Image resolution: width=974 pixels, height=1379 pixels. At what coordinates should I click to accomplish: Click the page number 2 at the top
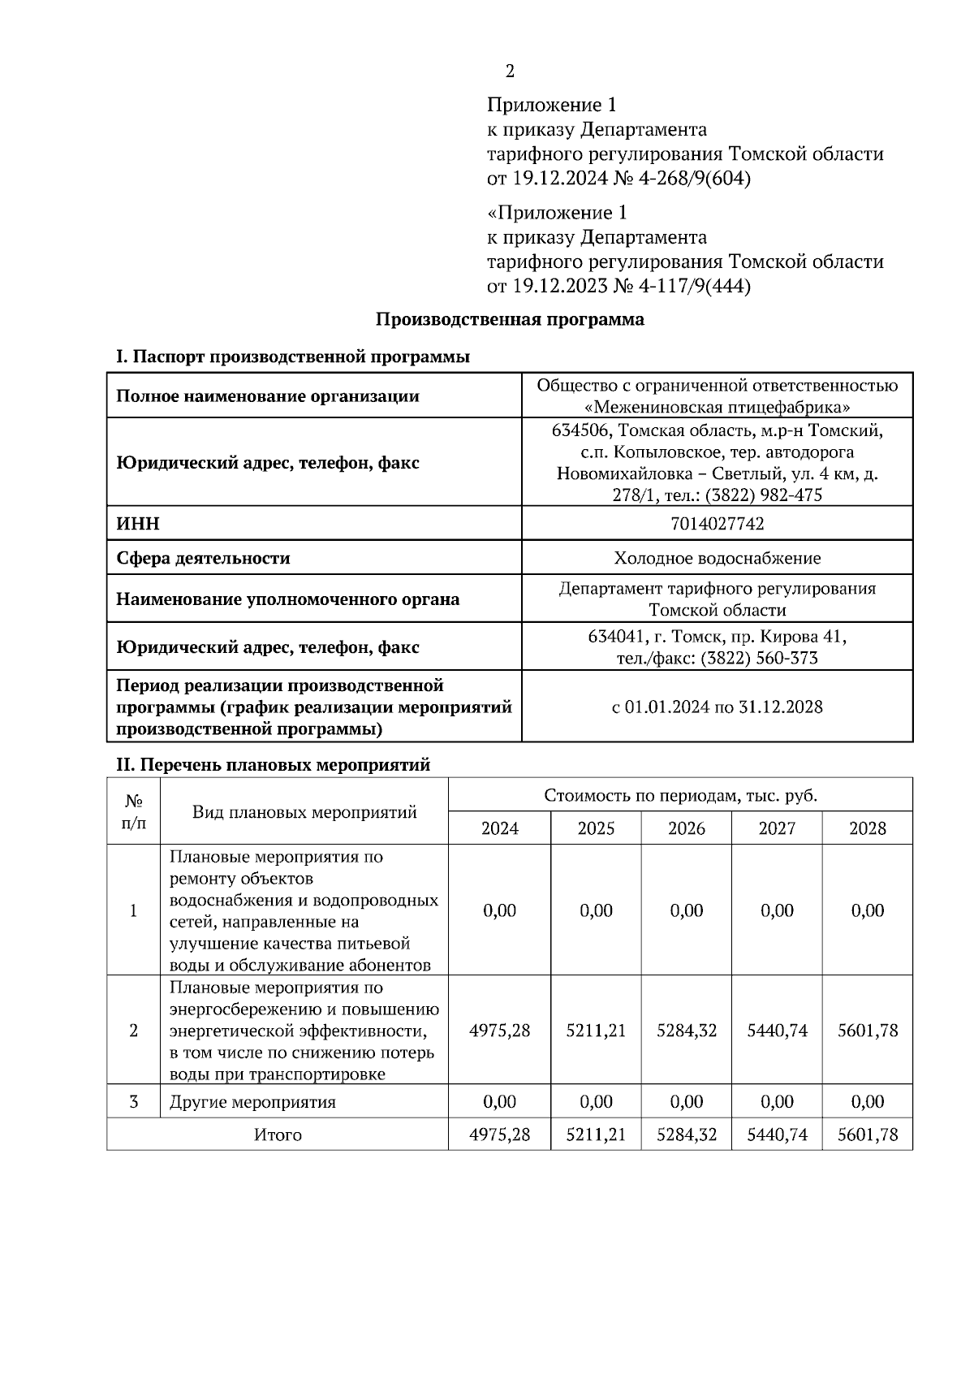(x=510, y=71)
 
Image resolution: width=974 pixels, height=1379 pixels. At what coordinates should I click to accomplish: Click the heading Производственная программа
(x=510, y=319)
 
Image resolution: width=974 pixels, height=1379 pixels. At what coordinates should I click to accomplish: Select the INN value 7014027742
(x=717, y=524)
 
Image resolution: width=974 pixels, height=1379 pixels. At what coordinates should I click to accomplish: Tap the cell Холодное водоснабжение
(x=717, y=559)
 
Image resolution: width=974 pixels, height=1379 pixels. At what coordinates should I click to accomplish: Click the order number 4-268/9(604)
(x=693, y=179)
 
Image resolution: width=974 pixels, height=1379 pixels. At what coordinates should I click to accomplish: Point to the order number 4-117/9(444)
(x=693, y=287)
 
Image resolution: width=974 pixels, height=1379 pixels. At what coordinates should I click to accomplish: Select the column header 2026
(x=686, y=828)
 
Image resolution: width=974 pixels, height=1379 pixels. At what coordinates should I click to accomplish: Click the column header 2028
(x=867, y=828)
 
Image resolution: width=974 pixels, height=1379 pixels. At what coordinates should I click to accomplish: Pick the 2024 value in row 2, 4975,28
(x=499, y=1031)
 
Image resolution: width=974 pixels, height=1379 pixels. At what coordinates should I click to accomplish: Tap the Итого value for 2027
(x=777, y=1135)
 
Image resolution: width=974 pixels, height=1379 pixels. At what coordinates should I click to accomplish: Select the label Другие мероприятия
(x=252, y=1102)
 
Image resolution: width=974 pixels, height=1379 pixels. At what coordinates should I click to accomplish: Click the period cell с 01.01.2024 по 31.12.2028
(x=717, y=707)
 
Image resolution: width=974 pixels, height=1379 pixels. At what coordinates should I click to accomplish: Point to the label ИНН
(x=138, y=524)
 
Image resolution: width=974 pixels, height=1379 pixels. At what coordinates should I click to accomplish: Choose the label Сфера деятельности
(x=203, y=559)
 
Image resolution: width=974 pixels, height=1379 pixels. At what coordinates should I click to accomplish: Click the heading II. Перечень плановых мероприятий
(x=274, y=765)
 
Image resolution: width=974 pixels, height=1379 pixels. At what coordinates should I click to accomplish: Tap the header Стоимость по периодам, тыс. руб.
(x=680, y=795)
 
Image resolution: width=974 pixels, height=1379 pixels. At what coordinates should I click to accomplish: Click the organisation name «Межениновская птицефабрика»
(x=718, y=407)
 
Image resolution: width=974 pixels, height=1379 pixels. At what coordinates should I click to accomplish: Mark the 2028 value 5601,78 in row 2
(x=867, y=1031)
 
